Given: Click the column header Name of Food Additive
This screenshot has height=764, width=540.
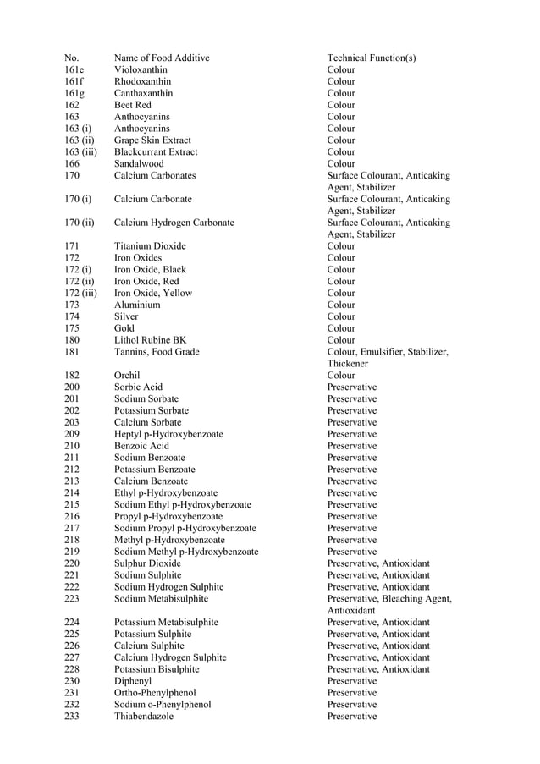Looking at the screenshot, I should click(162, 58).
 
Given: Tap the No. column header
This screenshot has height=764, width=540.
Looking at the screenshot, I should click(71, 58).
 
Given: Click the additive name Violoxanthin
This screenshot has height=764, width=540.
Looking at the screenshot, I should click(141, 69).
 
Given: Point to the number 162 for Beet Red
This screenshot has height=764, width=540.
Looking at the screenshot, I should click(72, 105).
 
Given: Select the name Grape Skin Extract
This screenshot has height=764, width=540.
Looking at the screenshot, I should click(152, 140).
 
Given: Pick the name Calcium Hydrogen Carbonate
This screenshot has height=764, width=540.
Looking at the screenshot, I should click(174, 223).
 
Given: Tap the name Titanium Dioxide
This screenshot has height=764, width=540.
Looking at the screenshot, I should click(150, 246).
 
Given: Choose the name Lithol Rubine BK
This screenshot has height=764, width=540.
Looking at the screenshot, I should click(150, 340).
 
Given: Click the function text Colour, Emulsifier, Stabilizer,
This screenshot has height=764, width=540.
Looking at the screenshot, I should click(388, 352).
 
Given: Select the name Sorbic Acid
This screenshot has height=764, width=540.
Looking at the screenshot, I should click(138, 387).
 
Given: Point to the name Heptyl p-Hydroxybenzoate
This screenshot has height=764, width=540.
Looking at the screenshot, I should click(168, 434).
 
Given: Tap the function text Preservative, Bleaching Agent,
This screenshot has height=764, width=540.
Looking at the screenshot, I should click(389, 599).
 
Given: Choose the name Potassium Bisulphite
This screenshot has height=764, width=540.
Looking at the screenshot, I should click(157, 669).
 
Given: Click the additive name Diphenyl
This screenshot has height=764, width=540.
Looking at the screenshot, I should click(132, 681).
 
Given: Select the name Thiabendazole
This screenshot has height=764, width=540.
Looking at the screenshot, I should click(144, 717).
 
